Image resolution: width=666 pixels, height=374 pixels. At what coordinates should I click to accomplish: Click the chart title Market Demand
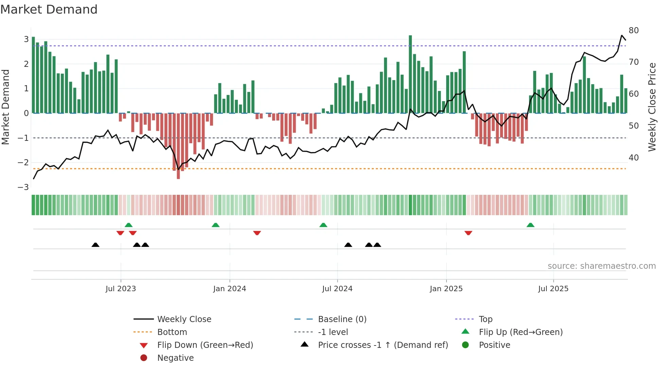pos(49,10)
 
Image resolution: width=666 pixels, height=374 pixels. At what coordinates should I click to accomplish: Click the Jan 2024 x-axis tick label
pos(229,289)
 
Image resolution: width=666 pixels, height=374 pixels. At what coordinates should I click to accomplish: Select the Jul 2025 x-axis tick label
pos(553,289)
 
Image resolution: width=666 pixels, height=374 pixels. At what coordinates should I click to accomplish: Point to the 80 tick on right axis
pos(634,31)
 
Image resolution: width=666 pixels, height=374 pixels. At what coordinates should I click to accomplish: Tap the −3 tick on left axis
pos(23,187)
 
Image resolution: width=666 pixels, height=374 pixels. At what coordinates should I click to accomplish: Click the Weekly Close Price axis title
pos(652,107)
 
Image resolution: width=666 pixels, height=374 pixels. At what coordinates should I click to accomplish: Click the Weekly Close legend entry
pos(184,319)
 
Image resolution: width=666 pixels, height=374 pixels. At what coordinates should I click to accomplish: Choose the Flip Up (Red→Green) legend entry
pos(521,332)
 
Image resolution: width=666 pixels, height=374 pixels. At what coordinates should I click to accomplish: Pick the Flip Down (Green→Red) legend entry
pos(205,345)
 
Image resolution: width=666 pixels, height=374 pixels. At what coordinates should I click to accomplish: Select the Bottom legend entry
pos(172,332)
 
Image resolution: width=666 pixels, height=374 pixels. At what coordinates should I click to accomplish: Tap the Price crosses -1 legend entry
pos(383,345)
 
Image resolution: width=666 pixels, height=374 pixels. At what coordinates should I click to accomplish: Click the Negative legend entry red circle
pos(144,358)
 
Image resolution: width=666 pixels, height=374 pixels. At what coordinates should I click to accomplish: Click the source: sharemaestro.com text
pos(601,266)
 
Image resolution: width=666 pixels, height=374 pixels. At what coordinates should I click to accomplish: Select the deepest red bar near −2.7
pos(178,146)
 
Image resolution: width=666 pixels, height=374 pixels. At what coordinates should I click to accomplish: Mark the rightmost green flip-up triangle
pos(530,225)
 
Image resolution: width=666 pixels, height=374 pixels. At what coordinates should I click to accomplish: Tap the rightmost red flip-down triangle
pos(468,233)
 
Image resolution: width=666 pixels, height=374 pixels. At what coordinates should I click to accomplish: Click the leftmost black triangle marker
pos(95,245)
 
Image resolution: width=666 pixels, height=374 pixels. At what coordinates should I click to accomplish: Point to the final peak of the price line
pos(622,35)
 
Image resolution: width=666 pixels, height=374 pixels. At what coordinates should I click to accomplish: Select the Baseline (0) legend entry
pos(342,319)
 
